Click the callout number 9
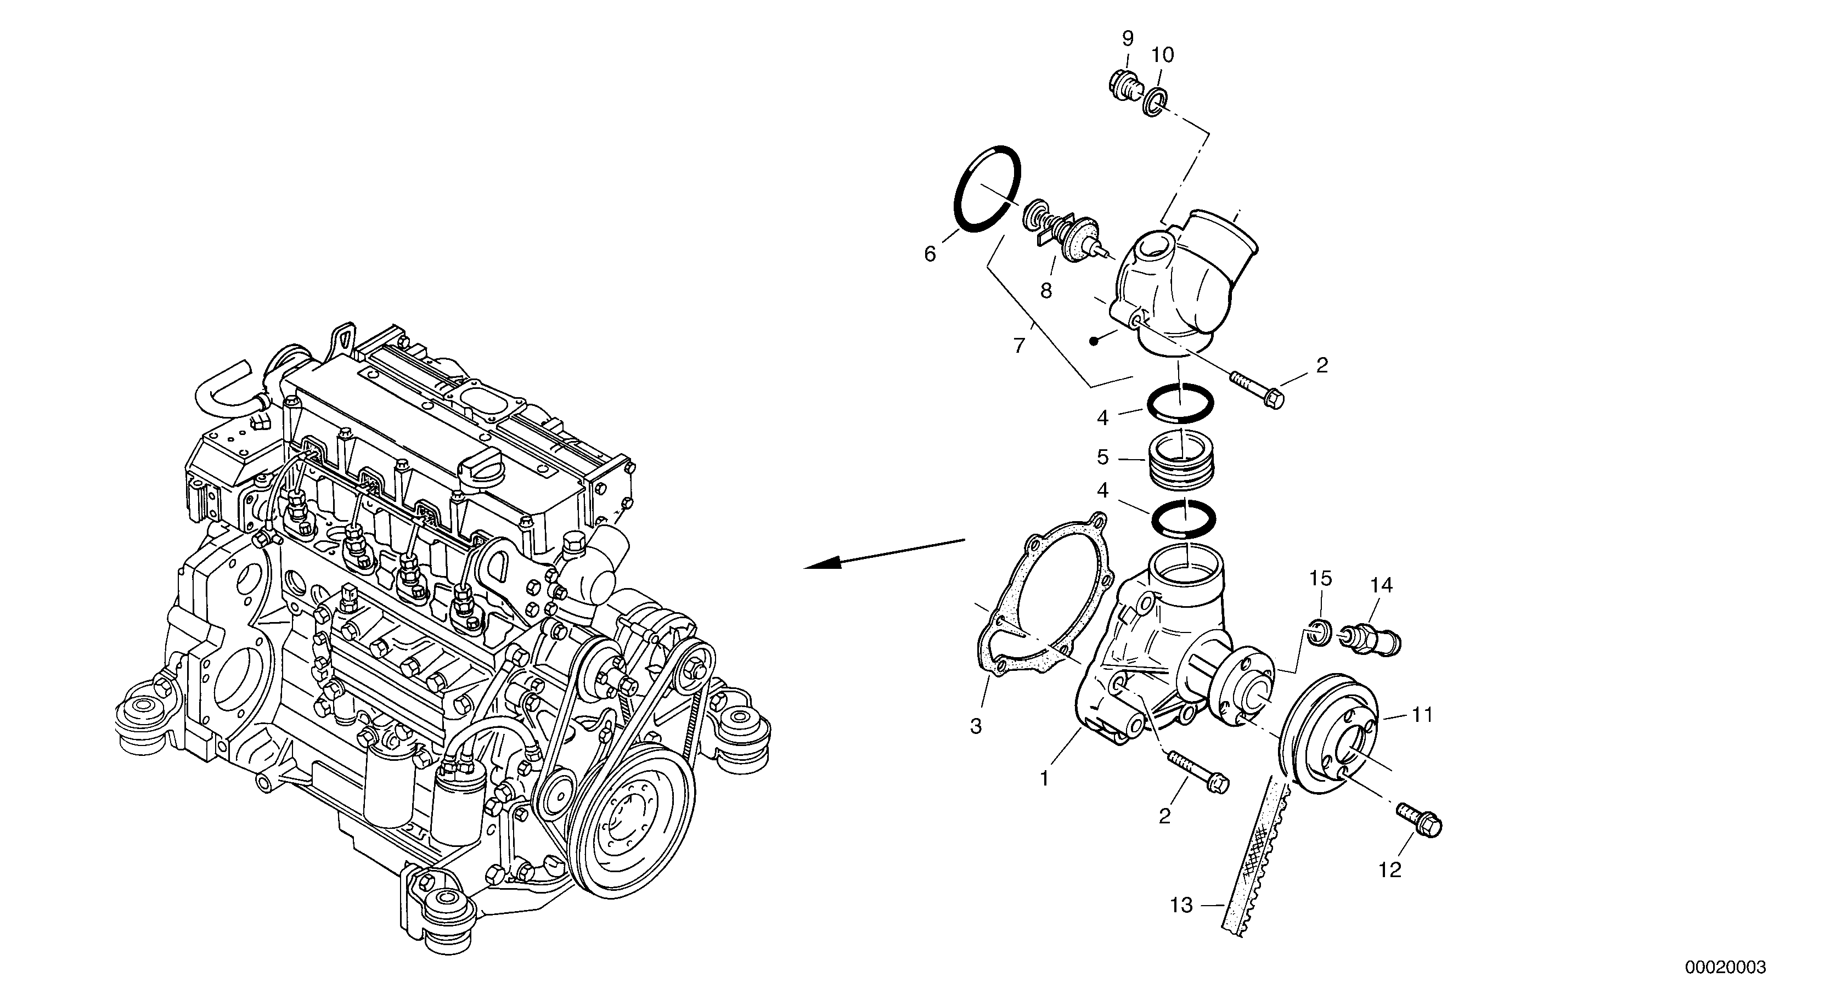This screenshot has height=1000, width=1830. point(1128,38)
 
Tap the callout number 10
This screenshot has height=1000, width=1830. point(1162,55)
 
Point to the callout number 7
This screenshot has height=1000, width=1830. point(1019,346)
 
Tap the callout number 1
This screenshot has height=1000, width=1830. point(1044,779)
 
